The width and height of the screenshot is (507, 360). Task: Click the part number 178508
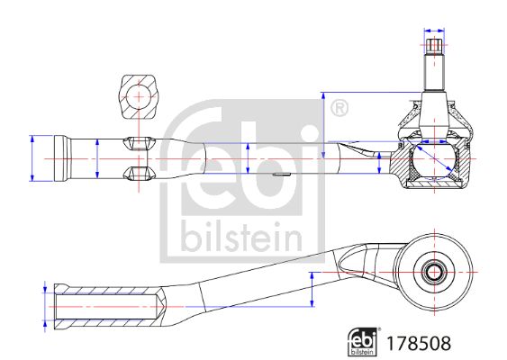click(x=419, y=343)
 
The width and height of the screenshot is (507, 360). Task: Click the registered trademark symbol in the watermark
click(x=340, y=109)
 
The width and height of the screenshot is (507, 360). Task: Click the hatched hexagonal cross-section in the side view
click(x=139, y=97)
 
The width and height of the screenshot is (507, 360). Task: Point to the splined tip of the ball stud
click(x=434, y=46)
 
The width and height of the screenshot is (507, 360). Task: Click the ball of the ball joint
click(x=434, y=158)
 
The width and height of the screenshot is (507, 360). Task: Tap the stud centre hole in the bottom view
click(x=434, y=273)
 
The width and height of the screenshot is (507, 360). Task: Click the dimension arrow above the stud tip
click(x=434, y=31)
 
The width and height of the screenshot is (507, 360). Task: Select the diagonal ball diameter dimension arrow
click(x=434, y=158)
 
